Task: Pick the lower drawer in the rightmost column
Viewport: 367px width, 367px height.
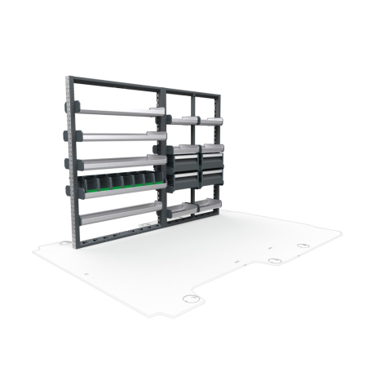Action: [211, 175]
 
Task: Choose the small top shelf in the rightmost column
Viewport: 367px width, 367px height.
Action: [212, 121]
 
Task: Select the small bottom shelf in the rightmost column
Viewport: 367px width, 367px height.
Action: [211, 204]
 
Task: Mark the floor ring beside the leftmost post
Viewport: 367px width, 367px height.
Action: [63, 241]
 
